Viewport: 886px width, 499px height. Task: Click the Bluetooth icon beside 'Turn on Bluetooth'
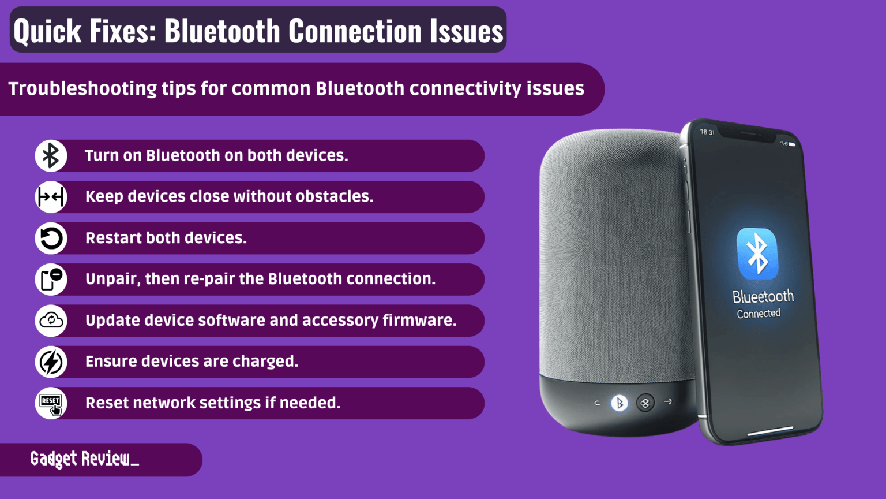(51, 156)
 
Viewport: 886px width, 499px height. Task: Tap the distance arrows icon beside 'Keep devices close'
(51, 197)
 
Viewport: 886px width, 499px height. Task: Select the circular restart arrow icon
(51, 239)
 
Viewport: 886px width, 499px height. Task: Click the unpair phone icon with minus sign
(51, 280)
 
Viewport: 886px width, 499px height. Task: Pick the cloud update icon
(51, 321)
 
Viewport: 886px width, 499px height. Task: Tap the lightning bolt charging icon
(51, 362)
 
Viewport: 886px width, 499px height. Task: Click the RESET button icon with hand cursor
(51, 403)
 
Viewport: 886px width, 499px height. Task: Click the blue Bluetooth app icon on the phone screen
(757, 254)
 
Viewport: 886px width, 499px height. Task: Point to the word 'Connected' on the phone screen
(759, 314)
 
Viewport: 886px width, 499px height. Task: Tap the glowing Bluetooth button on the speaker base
(620, 403)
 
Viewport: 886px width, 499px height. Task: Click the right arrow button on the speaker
(668, 401)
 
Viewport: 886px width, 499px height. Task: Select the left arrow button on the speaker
(597, 403)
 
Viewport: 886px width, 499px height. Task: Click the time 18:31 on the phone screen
(707, 132)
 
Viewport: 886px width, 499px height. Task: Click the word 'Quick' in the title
(47, 31)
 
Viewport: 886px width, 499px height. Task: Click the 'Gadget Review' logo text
(84, 459)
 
